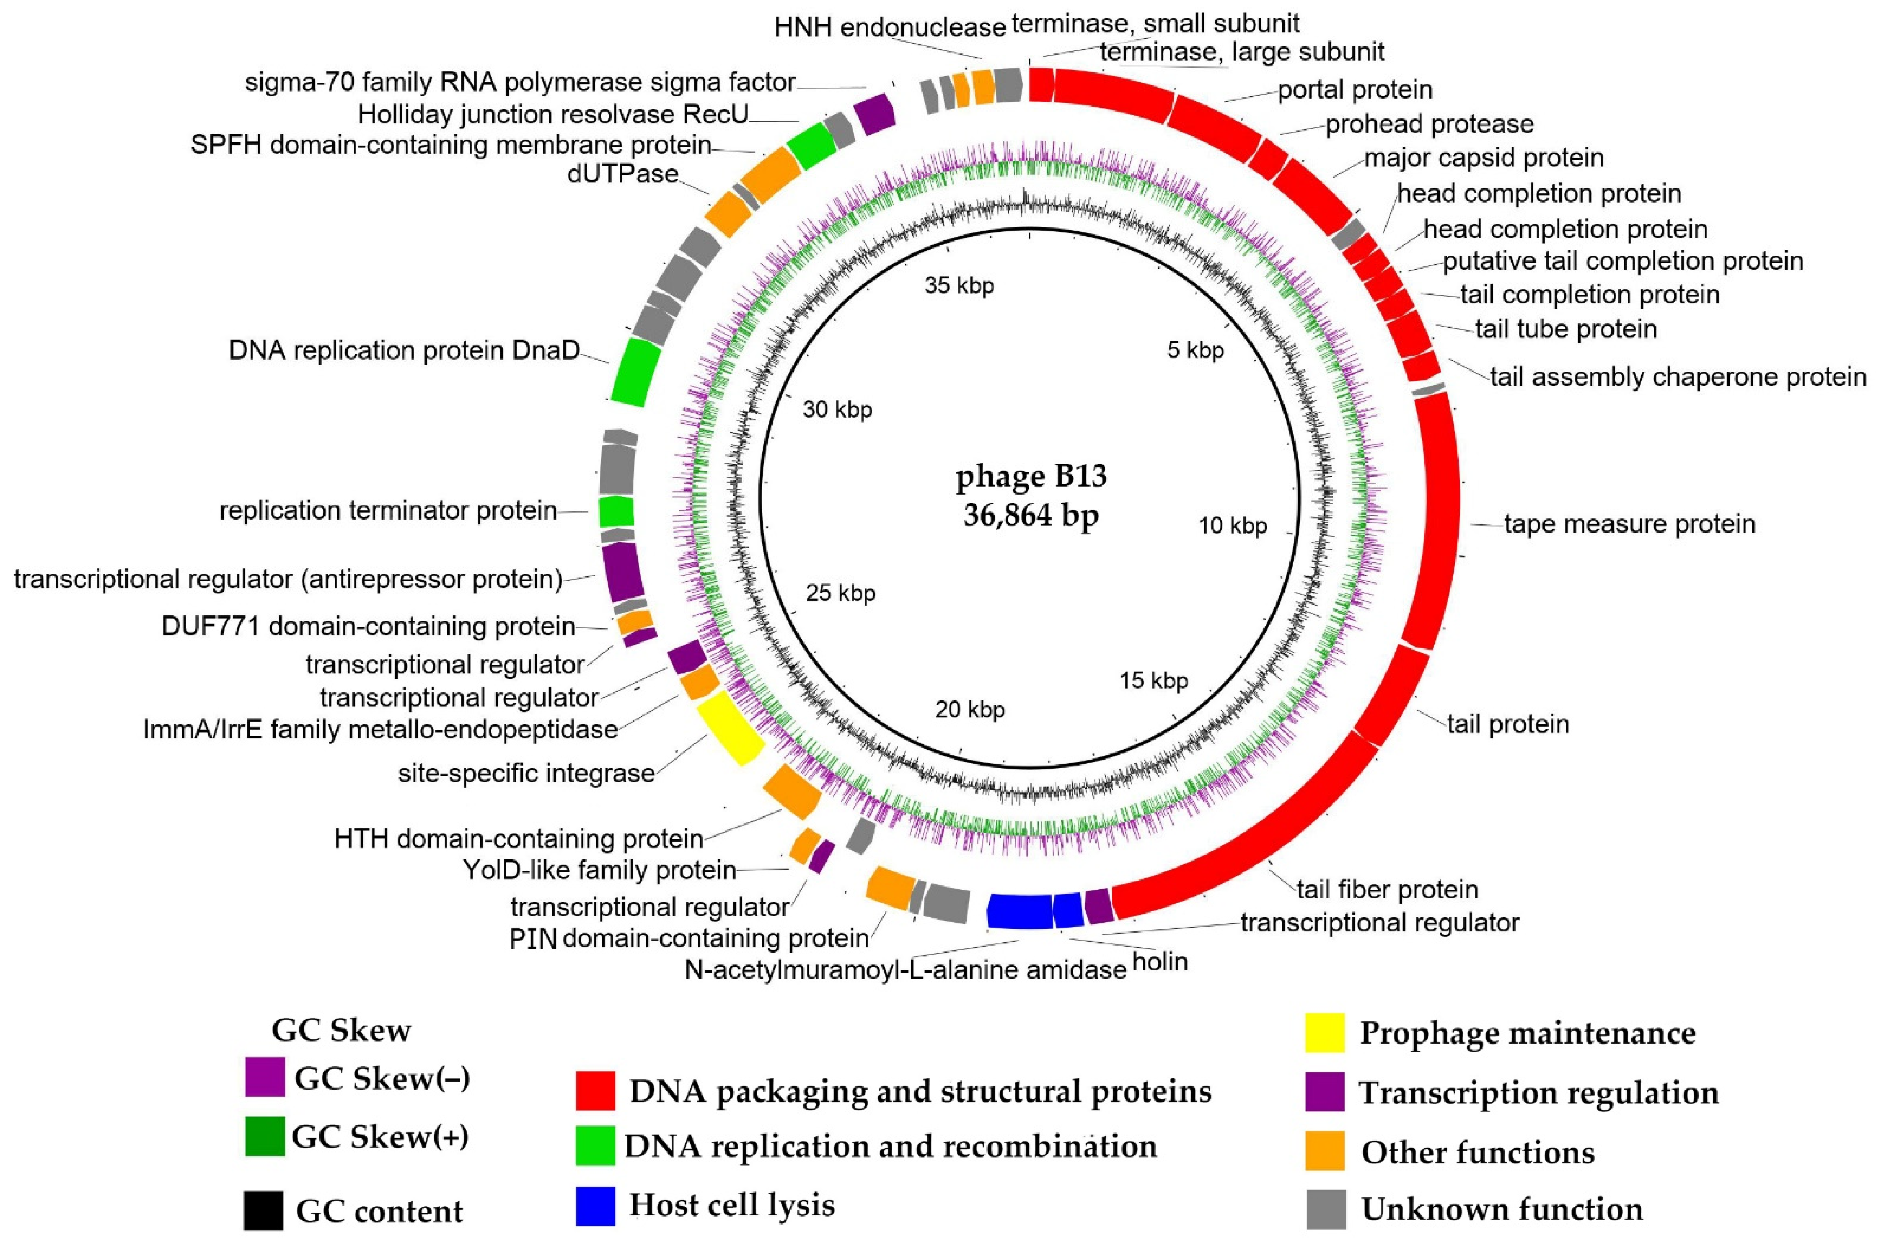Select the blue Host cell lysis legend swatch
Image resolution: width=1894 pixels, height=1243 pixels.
coord(595,1206)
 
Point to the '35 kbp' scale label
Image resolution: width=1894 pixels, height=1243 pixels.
coord(959,286)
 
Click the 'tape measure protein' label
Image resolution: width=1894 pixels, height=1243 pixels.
coord(1629,523)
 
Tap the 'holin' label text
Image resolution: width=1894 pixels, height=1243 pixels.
coord(1160,962)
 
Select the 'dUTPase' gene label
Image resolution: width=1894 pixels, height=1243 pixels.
coord(622,174)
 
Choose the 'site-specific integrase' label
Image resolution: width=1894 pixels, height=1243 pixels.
coord(526,773)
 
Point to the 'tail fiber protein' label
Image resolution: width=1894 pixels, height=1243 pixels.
coord(1387,889)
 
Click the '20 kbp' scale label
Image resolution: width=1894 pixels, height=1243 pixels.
coord(969,709)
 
